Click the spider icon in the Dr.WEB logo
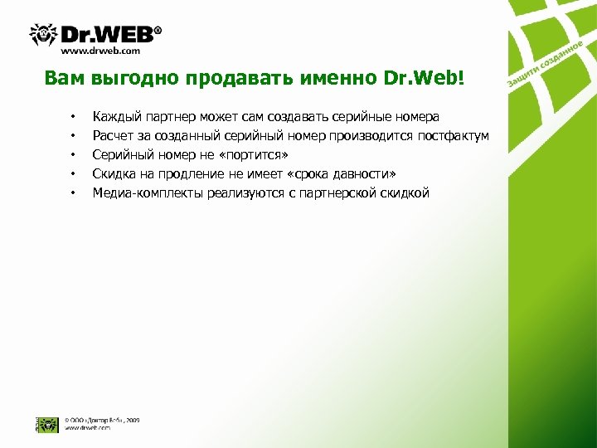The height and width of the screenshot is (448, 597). pyautogui.click(x=43, y=33)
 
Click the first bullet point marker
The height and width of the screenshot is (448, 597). pyautogui.click(x=73, y=117)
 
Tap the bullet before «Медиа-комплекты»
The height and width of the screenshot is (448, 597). pyautogui.click(x=73, y=193)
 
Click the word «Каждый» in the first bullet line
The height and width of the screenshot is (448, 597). pyautogui.click(x=117, y=117)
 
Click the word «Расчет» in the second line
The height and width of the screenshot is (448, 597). pyautogui.click(x=114, y=136)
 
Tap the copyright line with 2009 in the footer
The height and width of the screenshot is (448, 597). pyautogui.click(x=101, y=421)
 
